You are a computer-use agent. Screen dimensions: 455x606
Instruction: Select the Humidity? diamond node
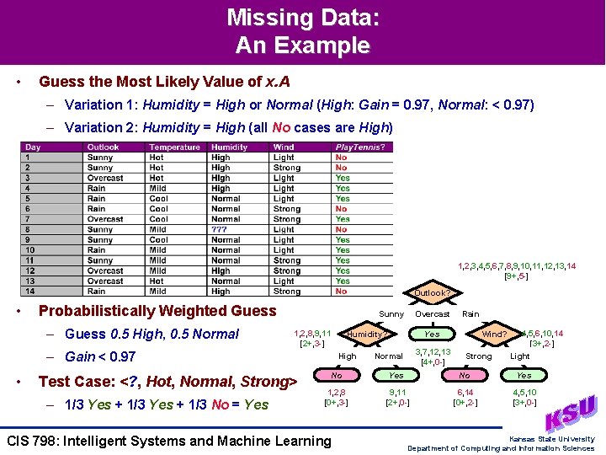pos(367,334)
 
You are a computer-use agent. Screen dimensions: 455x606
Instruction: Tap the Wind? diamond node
pos(494,334)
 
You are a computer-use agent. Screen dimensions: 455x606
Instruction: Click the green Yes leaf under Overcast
pos(431,334)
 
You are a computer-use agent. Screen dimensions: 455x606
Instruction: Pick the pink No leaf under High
pos(337,375)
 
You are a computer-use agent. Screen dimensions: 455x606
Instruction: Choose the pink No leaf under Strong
pos(464,375)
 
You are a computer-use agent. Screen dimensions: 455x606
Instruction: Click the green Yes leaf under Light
pos(524,375)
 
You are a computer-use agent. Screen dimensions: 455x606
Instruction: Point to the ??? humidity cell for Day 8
pos(220,229)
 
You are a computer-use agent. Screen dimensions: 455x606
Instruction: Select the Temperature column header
pos(175,147)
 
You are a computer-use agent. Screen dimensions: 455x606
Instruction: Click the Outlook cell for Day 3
pos(105,178)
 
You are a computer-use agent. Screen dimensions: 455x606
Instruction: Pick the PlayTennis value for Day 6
pos(341,209)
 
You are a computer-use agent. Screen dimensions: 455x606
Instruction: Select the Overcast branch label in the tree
pos(433,313)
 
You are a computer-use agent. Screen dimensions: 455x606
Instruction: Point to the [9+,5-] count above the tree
pos(516,276)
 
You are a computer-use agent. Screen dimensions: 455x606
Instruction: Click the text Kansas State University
pos(551,439)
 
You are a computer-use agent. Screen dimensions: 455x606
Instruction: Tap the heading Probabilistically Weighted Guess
pos(157,310)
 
